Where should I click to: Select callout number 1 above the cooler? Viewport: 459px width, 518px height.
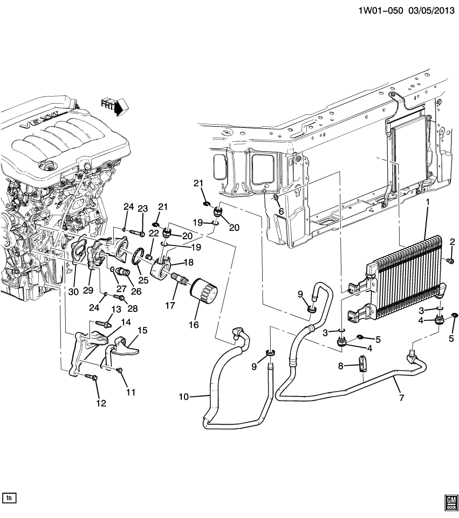tap(428, 202)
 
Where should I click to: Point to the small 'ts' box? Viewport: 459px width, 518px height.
tap(9, 497)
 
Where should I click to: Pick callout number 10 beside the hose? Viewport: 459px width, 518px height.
tap(184, 398)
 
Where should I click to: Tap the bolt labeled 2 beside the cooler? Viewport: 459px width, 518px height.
tap(449, 261)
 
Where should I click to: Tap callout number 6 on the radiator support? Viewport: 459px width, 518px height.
tap(280, 212)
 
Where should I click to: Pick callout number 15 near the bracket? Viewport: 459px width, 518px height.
tap(142, 330)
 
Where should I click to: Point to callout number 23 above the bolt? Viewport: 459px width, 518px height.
tap(142, 209)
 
